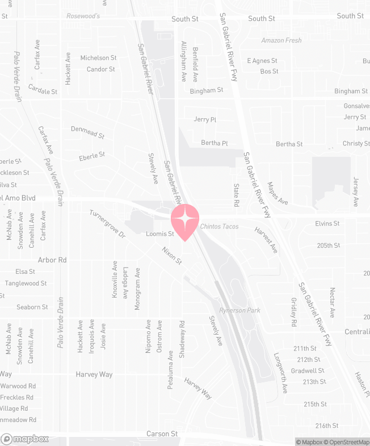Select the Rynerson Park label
click(239, 310)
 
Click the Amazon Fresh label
click(281, 40)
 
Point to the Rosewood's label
click(83, 16)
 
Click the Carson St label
click(162, 434)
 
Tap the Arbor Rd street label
click(52, 260)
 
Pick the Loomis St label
click(159, 234)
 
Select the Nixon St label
click(171, 256)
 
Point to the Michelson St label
click(98, 58)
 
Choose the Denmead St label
click(88, 132)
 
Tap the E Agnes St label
click(262, 61)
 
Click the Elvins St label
click(327, 224)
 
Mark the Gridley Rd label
click(293, 312)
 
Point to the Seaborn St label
click(32, 307)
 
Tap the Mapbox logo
click(25, 439)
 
